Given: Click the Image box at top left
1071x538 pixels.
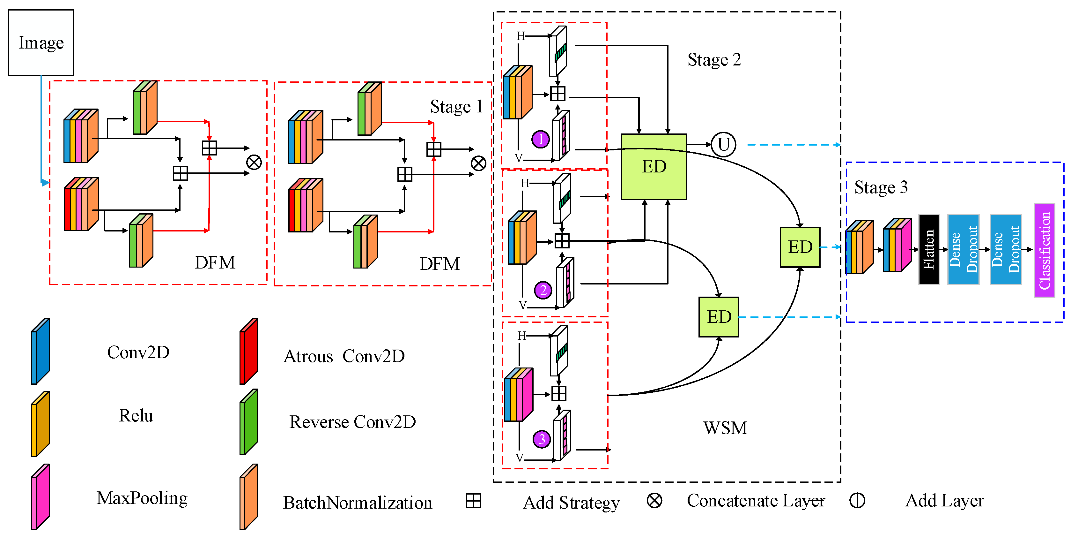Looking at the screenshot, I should click(x=41, y=42).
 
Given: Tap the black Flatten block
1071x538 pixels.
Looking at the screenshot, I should click(x=928, y=249).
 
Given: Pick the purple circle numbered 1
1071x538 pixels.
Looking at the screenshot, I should click(x=541, y=140).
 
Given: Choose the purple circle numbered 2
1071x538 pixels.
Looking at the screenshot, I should click(x=543, y=290).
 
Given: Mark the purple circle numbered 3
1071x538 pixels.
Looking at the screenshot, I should click(x=542, y=439).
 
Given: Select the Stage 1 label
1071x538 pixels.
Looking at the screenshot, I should click(x=456, y=107).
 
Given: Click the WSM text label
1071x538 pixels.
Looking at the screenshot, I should click(x=725, y=428).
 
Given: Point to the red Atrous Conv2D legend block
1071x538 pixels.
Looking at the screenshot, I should click(x=249, y=352).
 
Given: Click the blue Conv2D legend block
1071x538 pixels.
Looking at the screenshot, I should click(x=40, y=352).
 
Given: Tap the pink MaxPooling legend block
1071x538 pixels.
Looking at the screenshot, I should click(x=40, y=497).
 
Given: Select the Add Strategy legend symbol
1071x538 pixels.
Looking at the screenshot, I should click(x=473, y=501).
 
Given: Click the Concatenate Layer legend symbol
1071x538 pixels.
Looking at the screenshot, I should click(x=654, y=501).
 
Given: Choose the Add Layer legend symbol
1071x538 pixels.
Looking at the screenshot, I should click(x=857, y=501).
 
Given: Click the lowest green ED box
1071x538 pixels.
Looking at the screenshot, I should click(x=719, y=317).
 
